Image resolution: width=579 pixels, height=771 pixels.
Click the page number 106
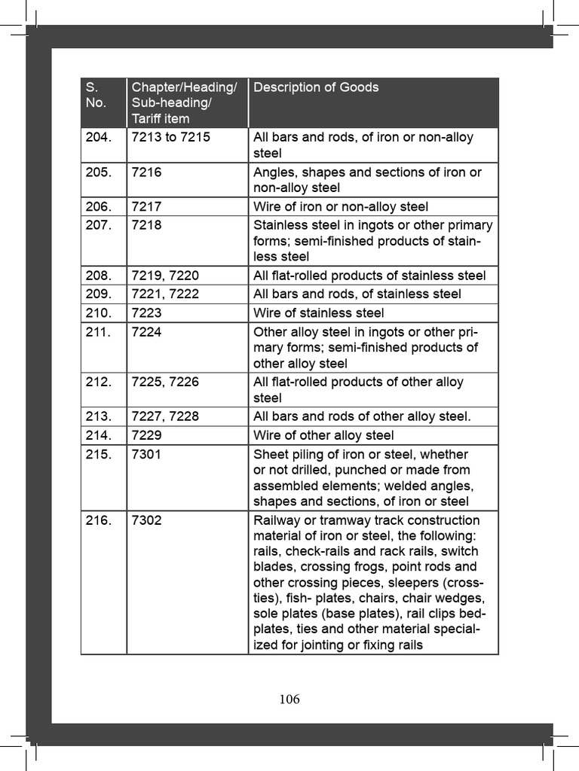click(289, 699)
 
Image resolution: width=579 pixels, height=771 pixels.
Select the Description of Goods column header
click(316, 87)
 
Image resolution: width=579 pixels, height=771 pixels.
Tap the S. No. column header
click(96, 95)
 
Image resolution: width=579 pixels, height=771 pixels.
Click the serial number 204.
click(98, 137)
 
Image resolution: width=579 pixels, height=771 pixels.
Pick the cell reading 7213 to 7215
click(170, 137)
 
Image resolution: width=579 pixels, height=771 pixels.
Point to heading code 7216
click(146, 172)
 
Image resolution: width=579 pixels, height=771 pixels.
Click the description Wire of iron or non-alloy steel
click(341, 206)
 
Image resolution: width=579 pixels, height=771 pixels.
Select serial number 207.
click(98, 225)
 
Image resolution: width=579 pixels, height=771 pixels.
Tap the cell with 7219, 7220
click(165, 276)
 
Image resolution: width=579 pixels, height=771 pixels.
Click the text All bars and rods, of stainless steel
click(357, 294)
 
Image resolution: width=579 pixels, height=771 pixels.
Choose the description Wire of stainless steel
click(318, 313)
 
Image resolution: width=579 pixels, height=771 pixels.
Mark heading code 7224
click(146, 332)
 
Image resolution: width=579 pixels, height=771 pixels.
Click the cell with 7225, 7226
click(165, 382)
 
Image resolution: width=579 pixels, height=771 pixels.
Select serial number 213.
click(98, 416)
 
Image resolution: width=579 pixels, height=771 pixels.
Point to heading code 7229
click(146, 435)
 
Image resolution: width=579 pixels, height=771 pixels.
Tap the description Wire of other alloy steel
click(323, 435)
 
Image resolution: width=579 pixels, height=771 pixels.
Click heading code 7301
click(146, 454)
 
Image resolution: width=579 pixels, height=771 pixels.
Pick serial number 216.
click(98, 520)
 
